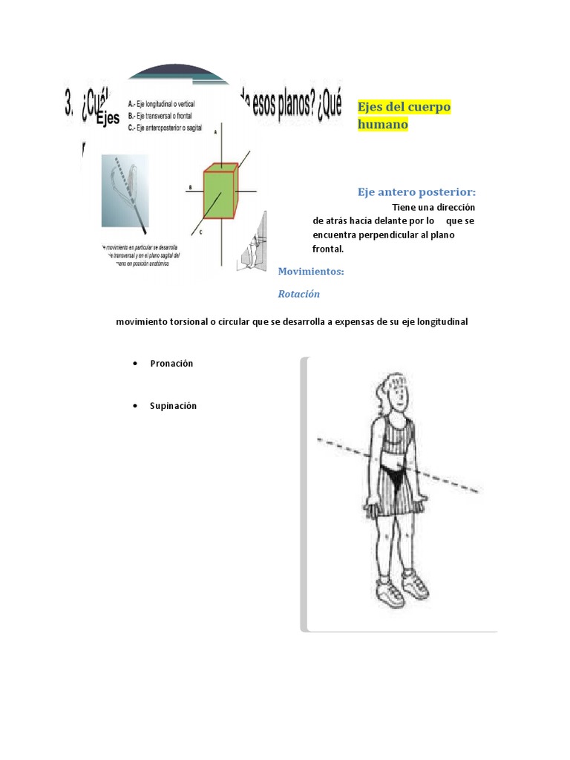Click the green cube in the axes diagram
point(219,192)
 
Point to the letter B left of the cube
point(191,188)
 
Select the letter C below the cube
point(200,232)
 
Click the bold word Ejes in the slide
point(107,118)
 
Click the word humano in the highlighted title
point(383,125)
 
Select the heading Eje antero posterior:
point(416,192)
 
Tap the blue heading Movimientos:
point(311,272)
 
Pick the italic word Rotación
point(298,294)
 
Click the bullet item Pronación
point(171,363)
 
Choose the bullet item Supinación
point(173,406)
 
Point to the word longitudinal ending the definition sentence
point(442,322)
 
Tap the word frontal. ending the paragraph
point(328,249)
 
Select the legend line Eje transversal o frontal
point(161,115)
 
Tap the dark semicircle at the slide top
point(178,73)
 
